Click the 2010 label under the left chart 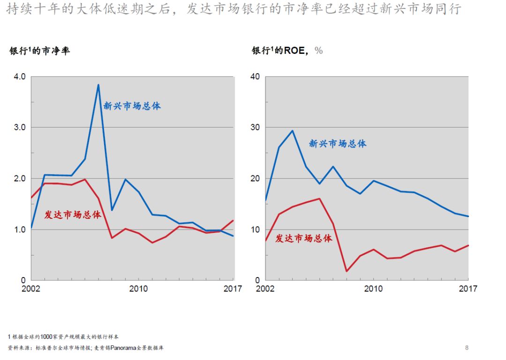138,289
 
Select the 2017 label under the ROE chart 468,289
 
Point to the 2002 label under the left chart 31,289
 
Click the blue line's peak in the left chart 98,85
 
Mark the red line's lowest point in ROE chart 346,271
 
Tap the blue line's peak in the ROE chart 292,131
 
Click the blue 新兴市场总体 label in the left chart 132,106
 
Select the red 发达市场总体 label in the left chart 73,215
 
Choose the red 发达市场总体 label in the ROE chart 304,239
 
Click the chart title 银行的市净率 40,51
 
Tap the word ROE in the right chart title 294,51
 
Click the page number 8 467,348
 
